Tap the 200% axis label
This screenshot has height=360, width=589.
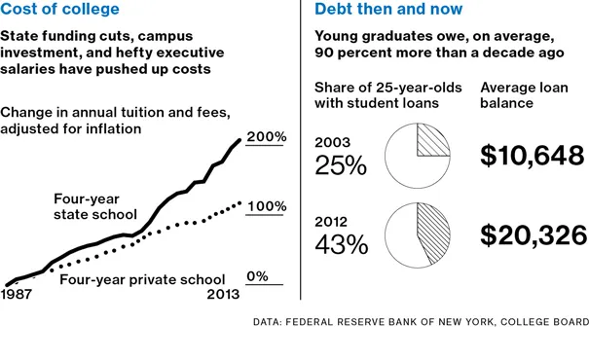click(x=266, y=137)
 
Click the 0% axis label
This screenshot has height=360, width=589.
click(x=257, y=277)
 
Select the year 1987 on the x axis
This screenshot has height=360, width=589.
click(x=18, y=294)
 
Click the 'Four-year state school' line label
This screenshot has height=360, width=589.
click(x=94, y=206)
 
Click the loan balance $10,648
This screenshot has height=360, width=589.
click(x=533, y=156)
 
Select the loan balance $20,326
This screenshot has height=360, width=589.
click(x=533, y=235)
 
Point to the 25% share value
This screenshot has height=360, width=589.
click(x=340, y=165)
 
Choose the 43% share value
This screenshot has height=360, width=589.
click(x=340, y=245)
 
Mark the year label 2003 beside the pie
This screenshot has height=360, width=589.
click(x=333, y=142)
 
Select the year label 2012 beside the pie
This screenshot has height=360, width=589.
click(x=333, y=221)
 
